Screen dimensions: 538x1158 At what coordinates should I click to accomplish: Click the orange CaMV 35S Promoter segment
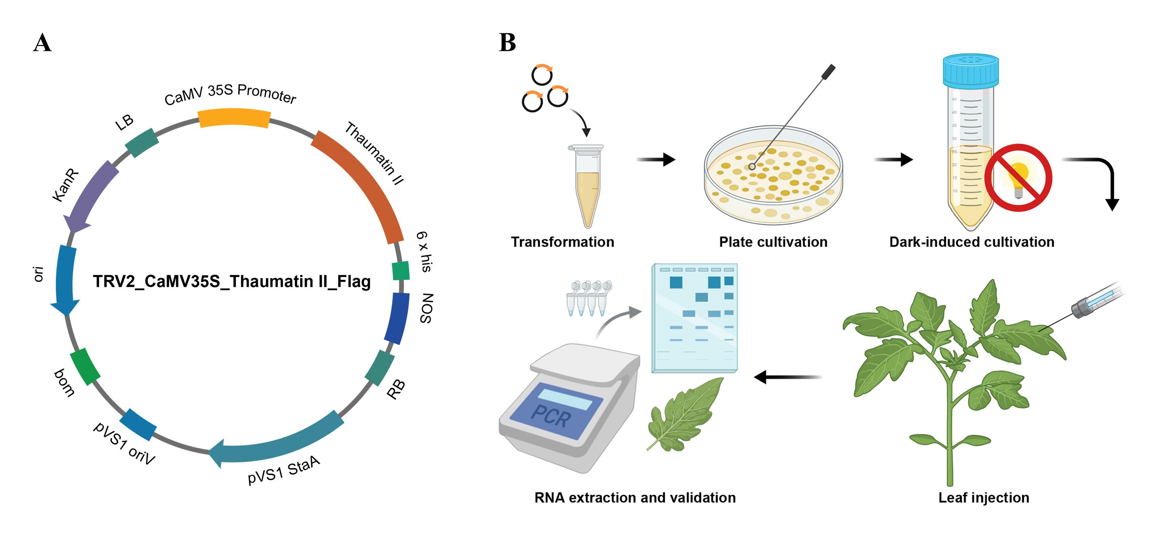[234, 118]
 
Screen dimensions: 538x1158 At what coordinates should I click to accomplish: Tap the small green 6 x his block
[401, 270]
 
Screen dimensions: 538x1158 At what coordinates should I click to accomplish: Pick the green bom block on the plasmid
[85, 366]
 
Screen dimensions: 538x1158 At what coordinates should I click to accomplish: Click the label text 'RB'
[396, 390]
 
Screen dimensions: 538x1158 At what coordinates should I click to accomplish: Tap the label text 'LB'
[124, 122]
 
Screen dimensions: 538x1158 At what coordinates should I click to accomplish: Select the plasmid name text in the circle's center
[232, 281]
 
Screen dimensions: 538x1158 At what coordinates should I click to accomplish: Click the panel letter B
[507, 43]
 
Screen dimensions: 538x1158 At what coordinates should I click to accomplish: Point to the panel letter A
[42, 43]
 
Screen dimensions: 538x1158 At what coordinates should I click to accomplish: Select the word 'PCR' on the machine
[551, 416]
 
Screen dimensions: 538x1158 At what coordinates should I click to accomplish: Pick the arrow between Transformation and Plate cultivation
[656, 159]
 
